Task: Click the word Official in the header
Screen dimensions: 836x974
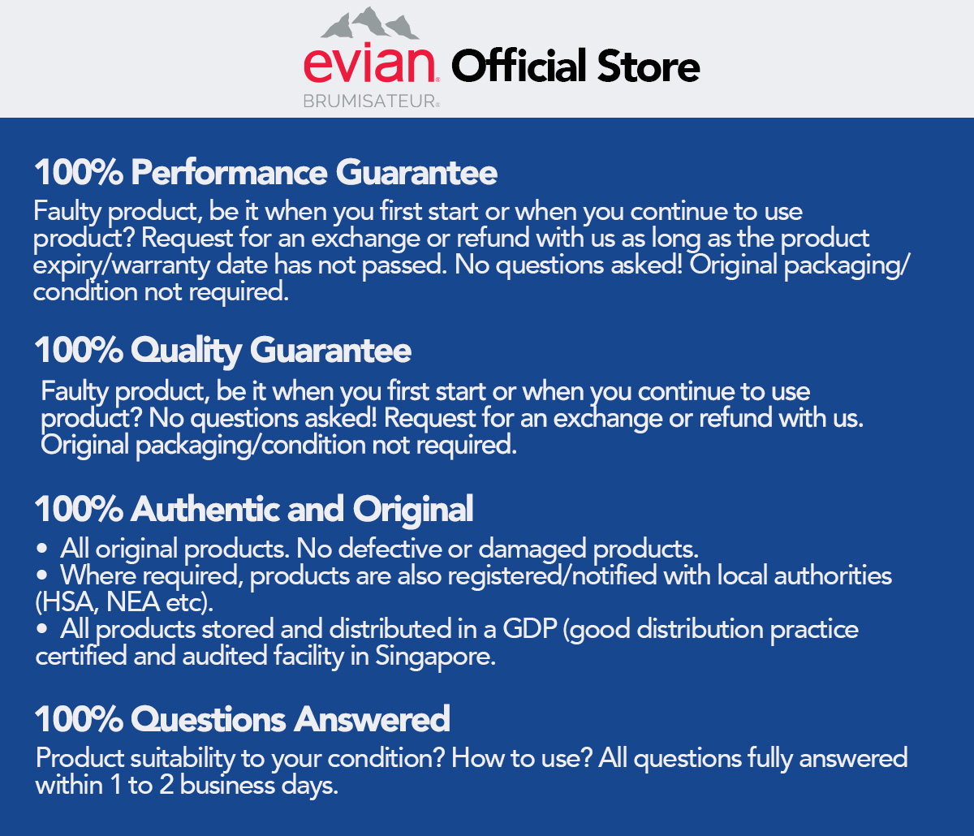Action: click(x=519, y=66)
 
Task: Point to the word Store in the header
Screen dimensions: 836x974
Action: click(x=649, y=66)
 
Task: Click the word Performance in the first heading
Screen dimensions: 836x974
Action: click(x=230, y=173)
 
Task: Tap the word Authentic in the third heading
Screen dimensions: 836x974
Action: click(x=203, y=510)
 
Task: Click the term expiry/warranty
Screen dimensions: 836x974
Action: click(x=106, y=265)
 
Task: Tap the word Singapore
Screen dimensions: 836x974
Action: click(x=434, y=657)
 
